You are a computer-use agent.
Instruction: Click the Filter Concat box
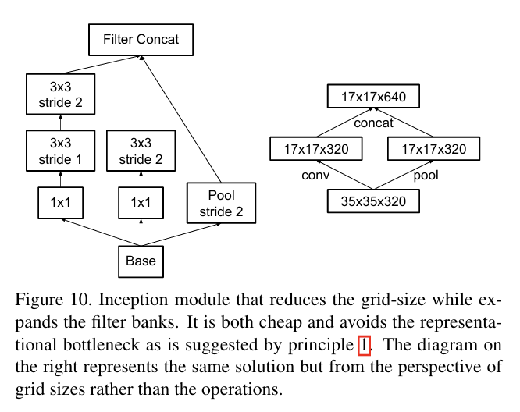pos(141,40)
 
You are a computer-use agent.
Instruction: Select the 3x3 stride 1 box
pos(61,151)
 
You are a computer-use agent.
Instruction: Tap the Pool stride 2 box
pos(221,203)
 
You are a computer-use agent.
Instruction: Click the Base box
pos(141,261)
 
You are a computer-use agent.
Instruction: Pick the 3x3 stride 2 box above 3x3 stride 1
pos(61,94)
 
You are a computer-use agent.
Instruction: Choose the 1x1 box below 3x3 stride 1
pos(61,203)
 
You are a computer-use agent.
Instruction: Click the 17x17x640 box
pos(373,96)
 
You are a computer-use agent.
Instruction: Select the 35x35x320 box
pos(373,201)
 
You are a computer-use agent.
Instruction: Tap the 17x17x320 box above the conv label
pos(316,148)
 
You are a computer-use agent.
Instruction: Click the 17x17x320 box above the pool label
pos(434,148)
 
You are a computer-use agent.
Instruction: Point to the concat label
pos(373,123)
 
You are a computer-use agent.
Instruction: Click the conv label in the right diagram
pos(315,176)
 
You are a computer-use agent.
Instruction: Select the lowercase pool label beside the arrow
pos(426,176)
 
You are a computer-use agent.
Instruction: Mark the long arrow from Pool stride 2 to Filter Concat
pos(180,119)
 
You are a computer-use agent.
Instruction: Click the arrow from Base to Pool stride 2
pos(180,234)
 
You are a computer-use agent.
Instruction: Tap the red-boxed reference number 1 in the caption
pos(364,345)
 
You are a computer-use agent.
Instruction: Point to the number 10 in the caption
pos(80,300)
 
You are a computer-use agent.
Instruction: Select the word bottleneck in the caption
pos(102,345)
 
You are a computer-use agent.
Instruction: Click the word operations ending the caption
pos(242,389)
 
